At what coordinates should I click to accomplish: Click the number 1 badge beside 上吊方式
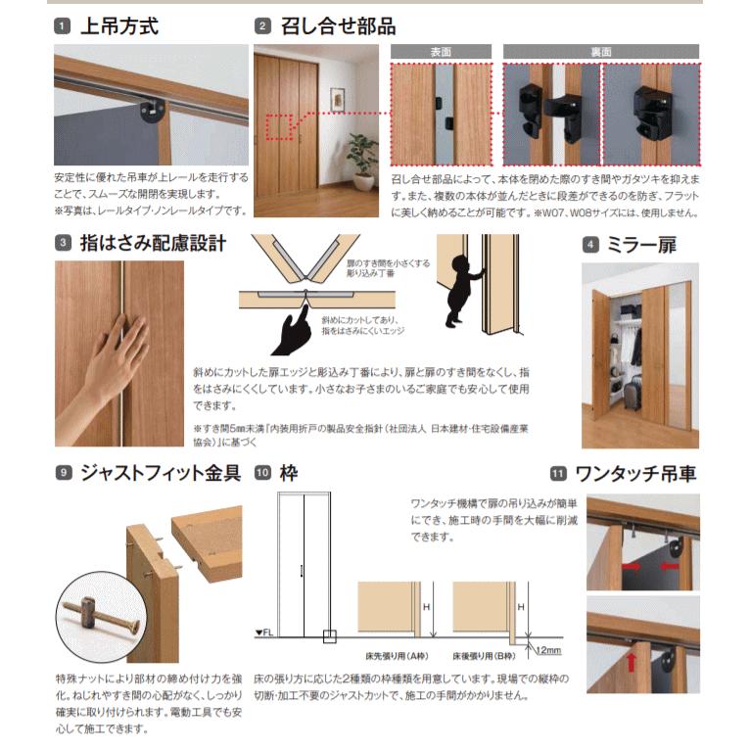tap(63, 26)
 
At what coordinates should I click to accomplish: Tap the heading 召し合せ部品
tap(338, 26)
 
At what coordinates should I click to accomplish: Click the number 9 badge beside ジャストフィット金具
tap(63, 474)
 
